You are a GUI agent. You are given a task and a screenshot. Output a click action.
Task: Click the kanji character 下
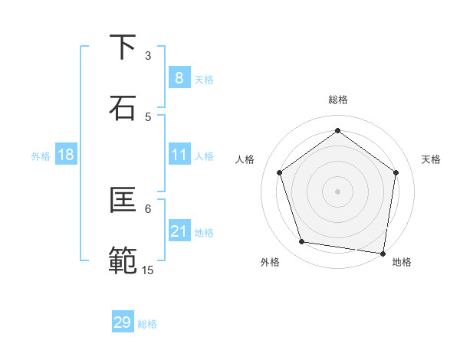click(123, 47)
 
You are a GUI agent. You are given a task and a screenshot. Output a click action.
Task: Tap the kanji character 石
click(123, 108)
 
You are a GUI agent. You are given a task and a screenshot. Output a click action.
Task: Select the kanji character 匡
click(123, 200)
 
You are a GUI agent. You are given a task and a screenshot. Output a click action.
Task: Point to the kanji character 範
click(123, 260)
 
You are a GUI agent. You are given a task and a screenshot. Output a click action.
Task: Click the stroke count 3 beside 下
click(148, 56)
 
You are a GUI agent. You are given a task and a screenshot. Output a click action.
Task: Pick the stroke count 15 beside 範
click(148, 270)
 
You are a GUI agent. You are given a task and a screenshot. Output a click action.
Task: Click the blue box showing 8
click(179, 78)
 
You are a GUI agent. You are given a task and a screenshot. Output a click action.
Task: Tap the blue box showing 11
click(179, 155)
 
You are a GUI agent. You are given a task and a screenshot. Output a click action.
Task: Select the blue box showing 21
click(179, 231)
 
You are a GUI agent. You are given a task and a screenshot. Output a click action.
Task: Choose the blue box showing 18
click(65, 155)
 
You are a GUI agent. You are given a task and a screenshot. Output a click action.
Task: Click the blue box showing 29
click(123, 322)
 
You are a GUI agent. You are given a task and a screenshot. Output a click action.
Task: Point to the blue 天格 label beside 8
click(204, 80)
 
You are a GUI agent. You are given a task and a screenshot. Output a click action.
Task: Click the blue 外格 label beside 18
click(41, 156)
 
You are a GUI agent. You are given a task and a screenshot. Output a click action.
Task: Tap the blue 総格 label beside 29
click(147, 324)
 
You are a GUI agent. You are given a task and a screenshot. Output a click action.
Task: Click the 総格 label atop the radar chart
click(338, 100)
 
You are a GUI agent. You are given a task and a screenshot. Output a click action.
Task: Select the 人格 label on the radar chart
click(245, 159)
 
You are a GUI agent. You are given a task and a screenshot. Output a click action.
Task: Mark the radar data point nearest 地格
click(382, 253)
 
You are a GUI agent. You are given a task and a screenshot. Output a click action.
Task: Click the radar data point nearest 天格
click(396, 172)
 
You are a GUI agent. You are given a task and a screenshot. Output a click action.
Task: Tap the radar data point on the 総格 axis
click(337, 131)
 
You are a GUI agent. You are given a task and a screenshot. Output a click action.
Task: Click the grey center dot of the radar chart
click(337, 191)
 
